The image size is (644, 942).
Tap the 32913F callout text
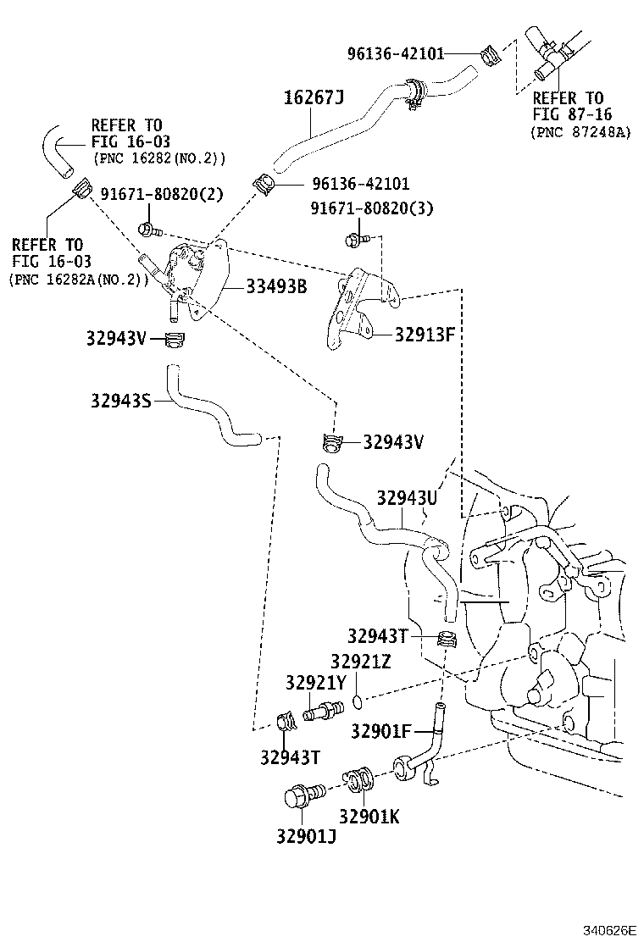coord(425,333)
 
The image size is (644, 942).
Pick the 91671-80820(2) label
coord(161,194)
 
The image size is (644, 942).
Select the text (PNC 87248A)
coord(580,132)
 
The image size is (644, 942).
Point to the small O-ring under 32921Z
coord(358,701)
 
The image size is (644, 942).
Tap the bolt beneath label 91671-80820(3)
coord(353,241)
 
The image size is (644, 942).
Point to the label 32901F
coord(380,731)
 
